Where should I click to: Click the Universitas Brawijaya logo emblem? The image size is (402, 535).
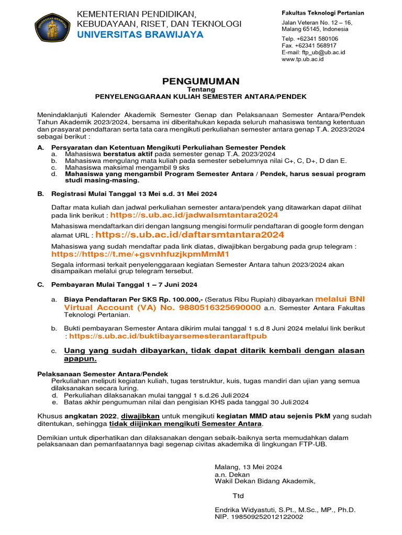click(52, 28)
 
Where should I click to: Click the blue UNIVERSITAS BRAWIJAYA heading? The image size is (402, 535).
click(140, 35)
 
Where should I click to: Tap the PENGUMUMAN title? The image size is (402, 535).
click(200, 81)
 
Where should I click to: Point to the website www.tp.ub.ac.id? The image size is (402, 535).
click(303, 59)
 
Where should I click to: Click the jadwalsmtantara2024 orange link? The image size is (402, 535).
click(194, 215)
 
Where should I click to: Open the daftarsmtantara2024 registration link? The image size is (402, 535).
click(189, 235)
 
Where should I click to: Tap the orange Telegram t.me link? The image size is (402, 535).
click(140, 254)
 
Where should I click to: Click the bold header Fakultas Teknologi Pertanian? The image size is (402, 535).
click(323, 13)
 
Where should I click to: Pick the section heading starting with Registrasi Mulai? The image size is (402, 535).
click(133, 194)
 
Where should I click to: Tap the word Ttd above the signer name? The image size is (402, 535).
click(238, 495)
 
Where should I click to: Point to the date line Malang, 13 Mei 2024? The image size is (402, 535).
click(248, 467)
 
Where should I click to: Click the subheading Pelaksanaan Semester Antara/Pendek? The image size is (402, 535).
click(103, 374)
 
